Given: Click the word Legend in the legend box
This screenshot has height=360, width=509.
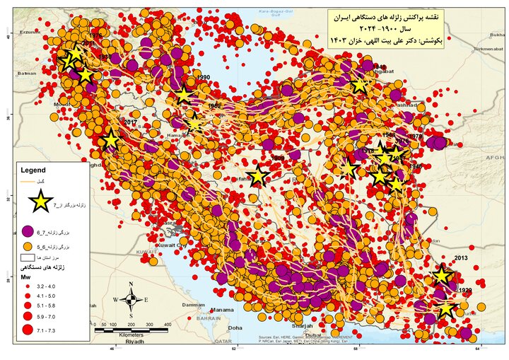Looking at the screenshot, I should (x=33, y=170).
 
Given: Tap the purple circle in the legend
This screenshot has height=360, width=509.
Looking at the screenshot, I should (x=29, y=231).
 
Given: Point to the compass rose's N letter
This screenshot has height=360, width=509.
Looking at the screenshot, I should (x=131, y=286).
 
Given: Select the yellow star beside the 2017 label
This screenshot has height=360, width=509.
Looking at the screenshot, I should (x=110, y=140).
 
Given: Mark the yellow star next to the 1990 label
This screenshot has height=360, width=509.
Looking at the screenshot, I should (x=185, y=95).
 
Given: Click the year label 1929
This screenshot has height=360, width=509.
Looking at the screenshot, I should (x=464, y=291).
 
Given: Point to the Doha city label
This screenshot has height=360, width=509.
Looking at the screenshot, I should (x=235, y=328).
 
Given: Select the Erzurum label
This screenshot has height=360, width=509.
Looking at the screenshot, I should (x=30, y=32).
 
